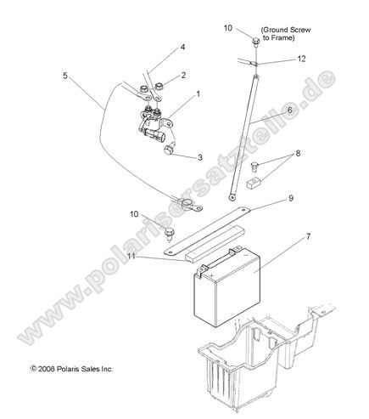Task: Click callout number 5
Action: pos(65,76)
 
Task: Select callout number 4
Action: pos(182,47)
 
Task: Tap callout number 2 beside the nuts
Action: pos(183,76)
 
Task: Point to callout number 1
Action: pos(198,93)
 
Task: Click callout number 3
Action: pos(200,157)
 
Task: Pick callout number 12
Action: pos(302,59)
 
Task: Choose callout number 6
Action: pos(290,110)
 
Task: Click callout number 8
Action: pos(298,153)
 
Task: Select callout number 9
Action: pos(291,198)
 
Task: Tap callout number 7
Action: pos(308,236)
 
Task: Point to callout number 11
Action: pos(131,257)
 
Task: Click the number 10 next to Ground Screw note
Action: pos(228,28)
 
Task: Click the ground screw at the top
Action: pos(255,42)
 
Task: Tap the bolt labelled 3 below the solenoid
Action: pos(170,149)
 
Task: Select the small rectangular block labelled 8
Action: pos(254,182)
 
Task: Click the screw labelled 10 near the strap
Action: pos(170,233)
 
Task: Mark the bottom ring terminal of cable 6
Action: pos(232,197)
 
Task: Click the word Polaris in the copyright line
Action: pos(67,369)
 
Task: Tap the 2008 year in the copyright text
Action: pos(47,369)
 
